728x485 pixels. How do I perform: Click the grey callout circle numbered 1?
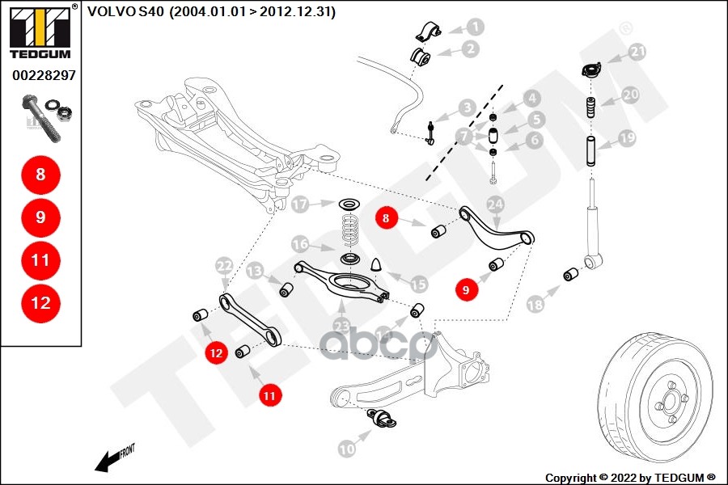tap(475, 27)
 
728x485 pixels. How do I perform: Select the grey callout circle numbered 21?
tap(638, 53)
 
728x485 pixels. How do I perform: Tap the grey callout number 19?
tap(629, 138)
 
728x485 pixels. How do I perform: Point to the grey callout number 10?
tap(346, 446)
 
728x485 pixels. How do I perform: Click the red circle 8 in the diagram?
tap(387, 217)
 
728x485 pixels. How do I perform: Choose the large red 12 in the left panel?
tap(41, 303)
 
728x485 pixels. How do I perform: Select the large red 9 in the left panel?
tap(41, 217)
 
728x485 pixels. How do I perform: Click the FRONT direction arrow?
tap(113, 458)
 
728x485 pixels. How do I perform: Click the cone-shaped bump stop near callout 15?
tap(377, 264)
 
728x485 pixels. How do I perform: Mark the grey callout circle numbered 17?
tap(301, 205)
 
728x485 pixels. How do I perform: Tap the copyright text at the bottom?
tap(631, 477)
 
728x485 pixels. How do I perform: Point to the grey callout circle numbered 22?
tap(224, 265)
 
